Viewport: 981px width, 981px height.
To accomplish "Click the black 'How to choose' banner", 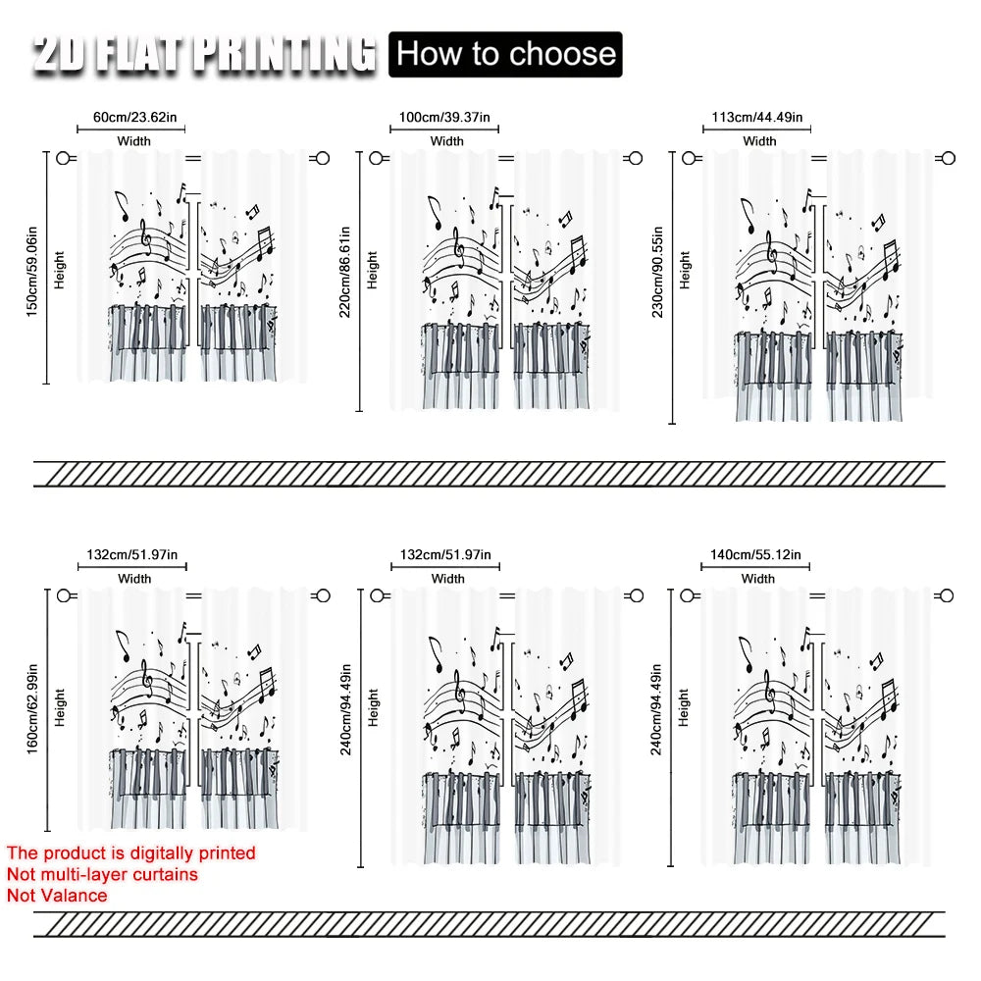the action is coord(505,54).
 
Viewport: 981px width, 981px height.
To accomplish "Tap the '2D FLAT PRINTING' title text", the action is coord(205,54).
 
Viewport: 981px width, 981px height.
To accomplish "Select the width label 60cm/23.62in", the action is coord(135,117).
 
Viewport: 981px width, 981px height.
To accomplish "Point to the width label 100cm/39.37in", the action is coord(444,117).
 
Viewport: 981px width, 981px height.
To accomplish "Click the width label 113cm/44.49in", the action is coord(757,117).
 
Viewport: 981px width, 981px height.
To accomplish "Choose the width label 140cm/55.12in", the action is coord(755,554).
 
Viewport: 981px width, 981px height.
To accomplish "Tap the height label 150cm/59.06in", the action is coord(32,272).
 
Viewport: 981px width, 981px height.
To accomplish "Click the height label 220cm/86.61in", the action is coord(344,272).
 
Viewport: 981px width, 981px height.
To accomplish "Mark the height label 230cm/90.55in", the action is coord(657,272).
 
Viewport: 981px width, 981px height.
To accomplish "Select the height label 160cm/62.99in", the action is coord(32,709).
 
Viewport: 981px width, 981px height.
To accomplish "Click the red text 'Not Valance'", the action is coord(57,896).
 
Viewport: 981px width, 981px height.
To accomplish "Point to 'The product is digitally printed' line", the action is coord(131,852).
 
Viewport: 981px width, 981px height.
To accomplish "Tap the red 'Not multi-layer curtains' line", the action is coord(103,874).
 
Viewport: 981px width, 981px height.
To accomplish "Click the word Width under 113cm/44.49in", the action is coord(759,141).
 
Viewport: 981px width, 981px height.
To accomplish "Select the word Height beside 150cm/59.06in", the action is coord(60,271).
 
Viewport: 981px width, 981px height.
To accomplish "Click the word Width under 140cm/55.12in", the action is coord(758,579).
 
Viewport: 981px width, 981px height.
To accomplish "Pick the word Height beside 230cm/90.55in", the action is coord(685,271).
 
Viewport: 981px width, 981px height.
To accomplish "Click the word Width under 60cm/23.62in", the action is coord(133,141).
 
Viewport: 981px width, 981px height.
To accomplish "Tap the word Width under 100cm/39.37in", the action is coord(447,141).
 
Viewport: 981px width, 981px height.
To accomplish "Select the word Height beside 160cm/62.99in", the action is coord(60,707).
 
